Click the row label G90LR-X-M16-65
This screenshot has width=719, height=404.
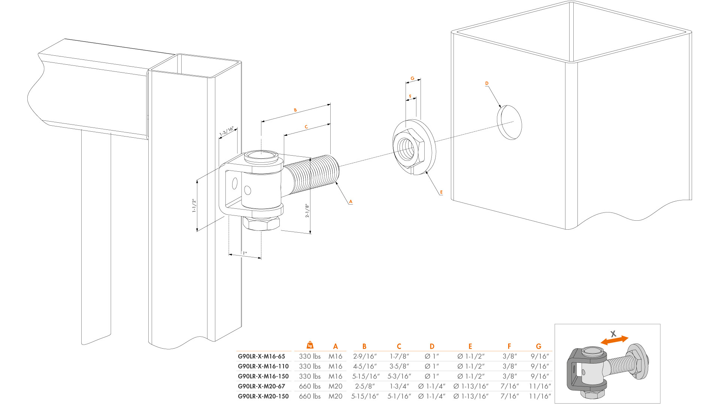[x=261, y=356]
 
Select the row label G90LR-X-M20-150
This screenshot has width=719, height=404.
[x=263, y=396]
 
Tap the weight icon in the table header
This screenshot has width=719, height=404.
[x=310, y=345]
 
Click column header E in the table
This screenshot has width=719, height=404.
[x=470, y=346]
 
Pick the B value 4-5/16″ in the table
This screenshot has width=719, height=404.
[x=365, y=367]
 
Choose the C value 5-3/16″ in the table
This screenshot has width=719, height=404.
[x=399, y=376]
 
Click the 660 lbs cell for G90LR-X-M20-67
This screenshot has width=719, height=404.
[x=310, y=386]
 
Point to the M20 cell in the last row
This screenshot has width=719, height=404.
[x=336, y=396]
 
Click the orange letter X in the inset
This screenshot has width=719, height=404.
[x=613, y=334]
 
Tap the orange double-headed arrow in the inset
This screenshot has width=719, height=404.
[x=615, y=340]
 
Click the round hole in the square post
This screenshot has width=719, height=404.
[x=509, y=122]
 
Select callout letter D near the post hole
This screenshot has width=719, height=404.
[x=487, y=83]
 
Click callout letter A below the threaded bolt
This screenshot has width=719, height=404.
[x=351, y=202]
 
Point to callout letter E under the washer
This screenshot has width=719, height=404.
[x=441, y=192]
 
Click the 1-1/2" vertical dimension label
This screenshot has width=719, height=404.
[x=194, y=206]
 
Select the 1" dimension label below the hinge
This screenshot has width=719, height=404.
[x=245, y=253]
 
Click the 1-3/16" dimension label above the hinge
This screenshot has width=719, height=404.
[x=227, y=132]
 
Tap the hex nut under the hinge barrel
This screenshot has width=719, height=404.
[x=261, y=224]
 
